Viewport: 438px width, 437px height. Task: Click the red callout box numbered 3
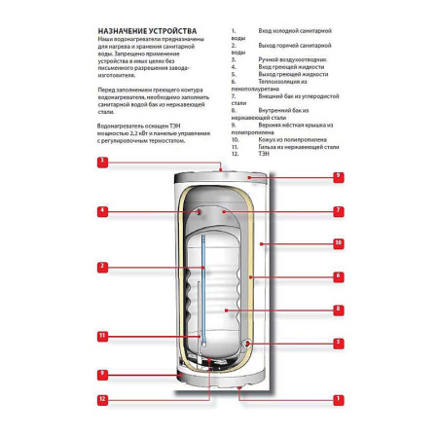coord(102,160)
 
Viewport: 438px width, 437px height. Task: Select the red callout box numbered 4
coord(102,210)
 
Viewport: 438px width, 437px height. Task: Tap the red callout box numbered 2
coord(102,266)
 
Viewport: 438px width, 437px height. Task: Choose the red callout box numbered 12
coord(102,398)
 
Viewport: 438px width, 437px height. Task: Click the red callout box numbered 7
coord(337,210)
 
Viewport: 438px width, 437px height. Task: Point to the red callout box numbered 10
coord(337,242)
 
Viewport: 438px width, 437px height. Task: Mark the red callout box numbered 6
coord(337,276)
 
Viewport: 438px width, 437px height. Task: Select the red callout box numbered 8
coord(337,310)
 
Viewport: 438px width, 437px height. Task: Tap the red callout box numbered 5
coord(337,343)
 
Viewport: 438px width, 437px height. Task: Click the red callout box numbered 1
coord(337,398)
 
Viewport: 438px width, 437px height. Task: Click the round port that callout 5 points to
coord(248,344)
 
